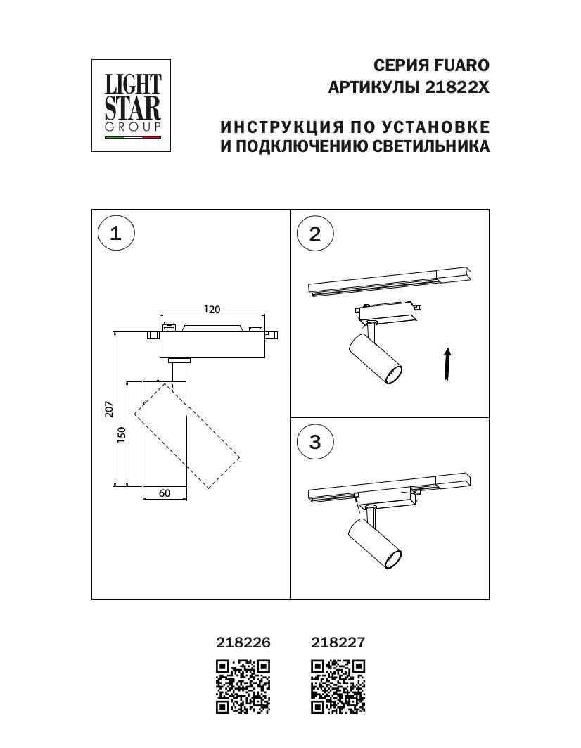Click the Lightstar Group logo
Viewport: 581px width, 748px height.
tap(132, 105)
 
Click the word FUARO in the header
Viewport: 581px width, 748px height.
tap(461, 65)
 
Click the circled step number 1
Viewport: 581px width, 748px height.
tap(116, 233)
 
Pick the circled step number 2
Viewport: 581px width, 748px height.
tap(314, 234)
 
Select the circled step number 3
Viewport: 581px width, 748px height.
tap(314, 442)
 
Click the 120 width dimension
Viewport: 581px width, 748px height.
tap(212, 309)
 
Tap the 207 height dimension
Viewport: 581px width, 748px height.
tap(109, 410)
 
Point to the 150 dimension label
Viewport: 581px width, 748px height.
tap(121, 434)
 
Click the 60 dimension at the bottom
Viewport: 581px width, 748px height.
tap(164, 493)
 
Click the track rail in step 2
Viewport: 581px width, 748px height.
tap(389, 280)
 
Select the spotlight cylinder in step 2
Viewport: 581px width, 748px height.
tap(374, 359)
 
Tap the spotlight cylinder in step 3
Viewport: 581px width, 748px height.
tap(375, 543)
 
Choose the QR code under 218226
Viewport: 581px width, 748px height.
tap(243, 686)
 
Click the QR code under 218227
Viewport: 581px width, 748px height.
tap(338, 686)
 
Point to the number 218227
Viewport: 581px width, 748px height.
tap(338, 642)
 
